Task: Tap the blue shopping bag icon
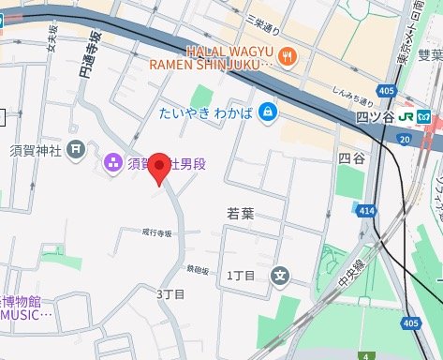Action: click(269, 112)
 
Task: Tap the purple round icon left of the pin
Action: click(111, 164)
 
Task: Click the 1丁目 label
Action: click(243, 277)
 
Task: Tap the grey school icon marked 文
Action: click(279, 276)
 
